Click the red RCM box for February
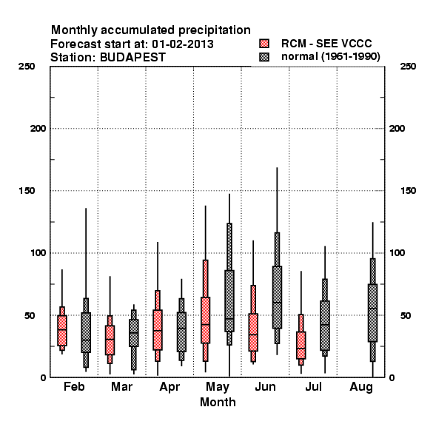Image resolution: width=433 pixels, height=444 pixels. click(x=62, y=331)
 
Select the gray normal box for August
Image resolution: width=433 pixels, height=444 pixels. click(x=373, y=312)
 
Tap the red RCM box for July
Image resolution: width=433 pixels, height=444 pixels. click(x=301, y=345)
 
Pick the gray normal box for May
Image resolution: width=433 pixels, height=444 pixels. click(x=229, y=300)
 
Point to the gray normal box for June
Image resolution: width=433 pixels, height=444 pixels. click(x=278, y=297)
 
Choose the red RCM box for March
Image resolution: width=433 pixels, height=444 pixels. click(x=110, y=340)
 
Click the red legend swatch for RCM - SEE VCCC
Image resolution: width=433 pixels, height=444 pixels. click(x=264, y=44)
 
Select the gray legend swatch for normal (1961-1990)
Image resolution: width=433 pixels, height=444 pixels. click(x=264, y=57)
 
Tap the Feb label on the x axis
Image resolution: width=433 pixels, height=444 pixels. click(x=74, y=386)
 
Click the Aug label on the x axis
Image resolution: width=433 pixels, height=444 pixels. click(x=361, y=387)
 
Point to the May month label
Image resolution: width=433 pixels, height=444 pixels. click(x=218, y=387)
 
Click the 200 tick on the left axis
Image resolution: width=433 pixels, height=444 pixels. click(x=38, y=129)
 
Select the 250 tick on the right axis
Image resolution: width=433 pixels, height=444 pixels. click(x=408, y=67)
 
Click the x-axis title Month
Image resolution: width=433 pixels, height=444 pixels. click(x=218, y=402)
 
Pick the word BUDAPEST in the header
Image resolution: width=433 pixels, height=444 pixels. click(x=132, y=58)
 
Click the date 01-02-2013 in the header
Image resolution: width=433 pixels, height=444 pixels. click(x=183, y=44)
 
